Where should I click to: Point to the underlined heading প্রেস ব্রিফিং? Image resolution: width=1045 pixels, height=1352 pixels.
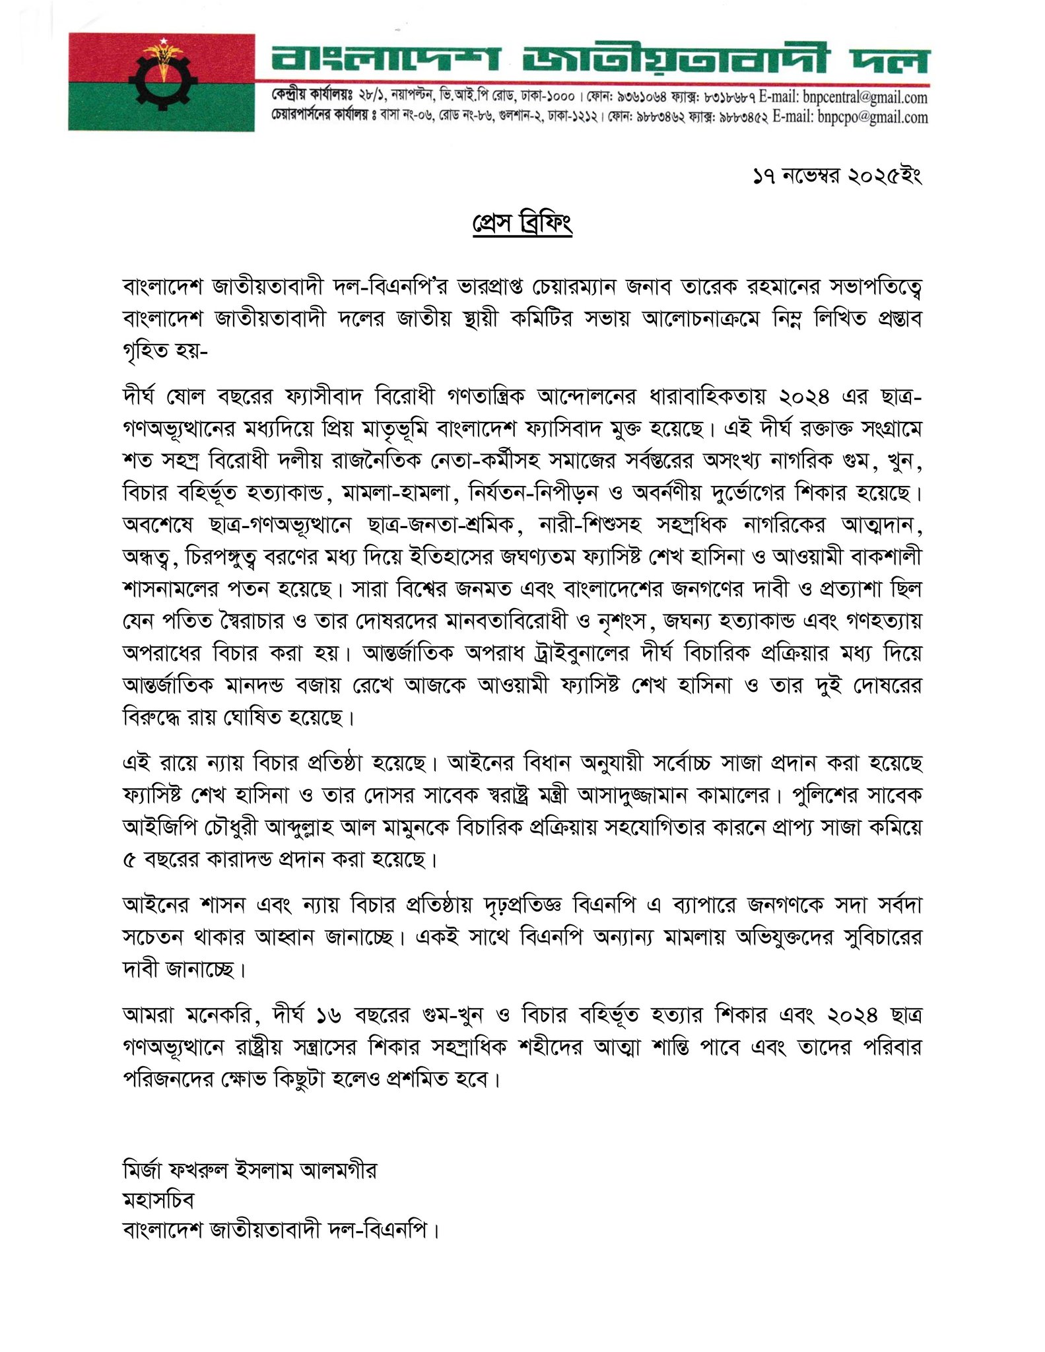point(522,223)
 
